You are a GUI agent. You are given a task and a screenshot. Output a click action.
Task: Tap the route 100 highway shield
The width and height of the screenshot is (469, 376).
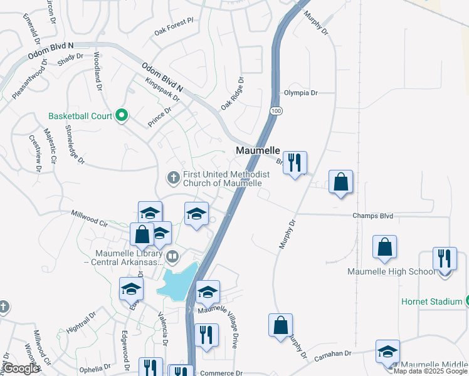[x=276, y=111]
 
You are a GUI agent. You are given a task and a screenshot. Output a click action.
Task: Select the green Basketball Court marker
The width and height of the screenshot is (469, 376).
[x=122, y=115]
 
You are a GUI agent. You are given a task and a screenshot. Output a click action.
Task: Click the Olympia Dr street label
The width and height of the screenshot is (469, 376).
[x=301, y=93]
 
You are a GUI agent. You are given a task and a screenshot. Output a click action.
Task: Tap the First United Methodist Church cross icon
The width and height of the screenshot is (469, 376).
[x=174, y=179]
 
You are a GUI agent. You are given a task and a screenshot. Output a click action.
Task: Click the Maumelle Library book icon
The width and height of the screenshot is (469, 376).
[x=173, y=257]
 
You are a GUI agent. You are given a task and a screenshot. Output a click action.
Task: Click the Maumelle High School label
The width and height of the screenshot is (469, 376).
[x=391, y=272]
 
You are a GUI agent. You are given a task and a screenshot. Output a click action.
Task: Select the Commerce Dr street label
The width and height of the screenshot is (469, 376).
[x=221, y=373]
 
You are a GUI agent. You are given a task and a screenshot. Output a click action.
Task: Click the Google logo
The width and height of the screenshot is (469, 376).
[x=21, y=368]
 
